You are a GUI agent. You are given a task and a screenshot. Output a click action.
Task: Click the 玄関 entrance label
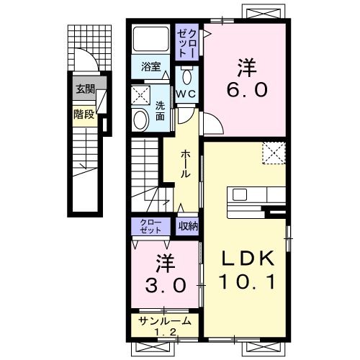pyautogui.click(x=86, y=89)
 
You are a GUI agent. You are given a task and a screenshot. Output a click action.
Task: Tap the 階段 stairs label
pyautogui.click(x=84, y=114)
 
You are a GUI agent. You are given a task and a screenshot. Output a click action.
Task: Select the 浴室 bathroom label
pyautogui.click(x=151, y=66)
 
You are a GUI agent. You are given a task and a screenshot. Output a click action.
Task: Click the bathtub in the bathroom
pyautogui.click(x=150, y=39)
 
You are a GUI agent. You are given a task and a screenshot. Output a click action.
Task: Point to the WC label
pyautogui.click(x=187, y=94)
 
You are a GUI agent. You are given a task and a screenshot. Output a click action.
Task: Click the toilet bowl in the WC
pyautogui.click(x=187, y=76)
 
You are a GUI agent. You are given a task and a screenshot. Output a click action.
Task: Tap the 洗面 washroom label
pyautogui.click(x=160, y=111)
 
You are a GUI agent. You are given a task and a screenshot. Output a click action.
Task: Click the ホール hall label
pyautogui.click(x=185, y=163)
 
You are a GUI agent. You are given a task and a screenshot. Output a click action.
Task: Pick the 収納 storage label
pyautogui.click(x=188, y=226)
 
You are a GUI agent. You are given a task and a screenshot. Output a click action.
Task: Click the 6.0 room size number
pyautogui.click(x=247, y=89)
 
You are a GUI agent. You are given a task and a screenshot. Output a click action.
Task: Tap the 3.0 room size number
pyautogui.click(x=166, y=285)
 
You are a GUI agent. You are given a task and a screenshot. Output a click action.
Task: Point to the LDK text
pyautogui.click(x=248, y=258)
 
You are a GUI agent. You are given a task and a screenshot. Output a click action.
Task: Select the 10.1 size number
pyautogui.click(x=247, y=282)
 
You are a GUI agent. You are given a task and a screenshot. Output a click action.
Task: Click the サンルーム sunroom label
pyautogui.click(x=165, y=321)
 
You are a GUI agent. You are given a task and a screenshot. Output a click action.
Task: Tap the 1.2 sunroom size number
pyautogui.click(x=166, y=332)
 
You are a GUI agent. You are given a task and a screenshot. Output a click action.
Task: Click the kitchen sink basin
pyautogui.click(x=240, y=194)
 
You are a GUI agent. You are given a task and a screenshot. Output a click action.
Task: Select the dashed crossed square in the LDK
pyautogui.click(x=274, y=153)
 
